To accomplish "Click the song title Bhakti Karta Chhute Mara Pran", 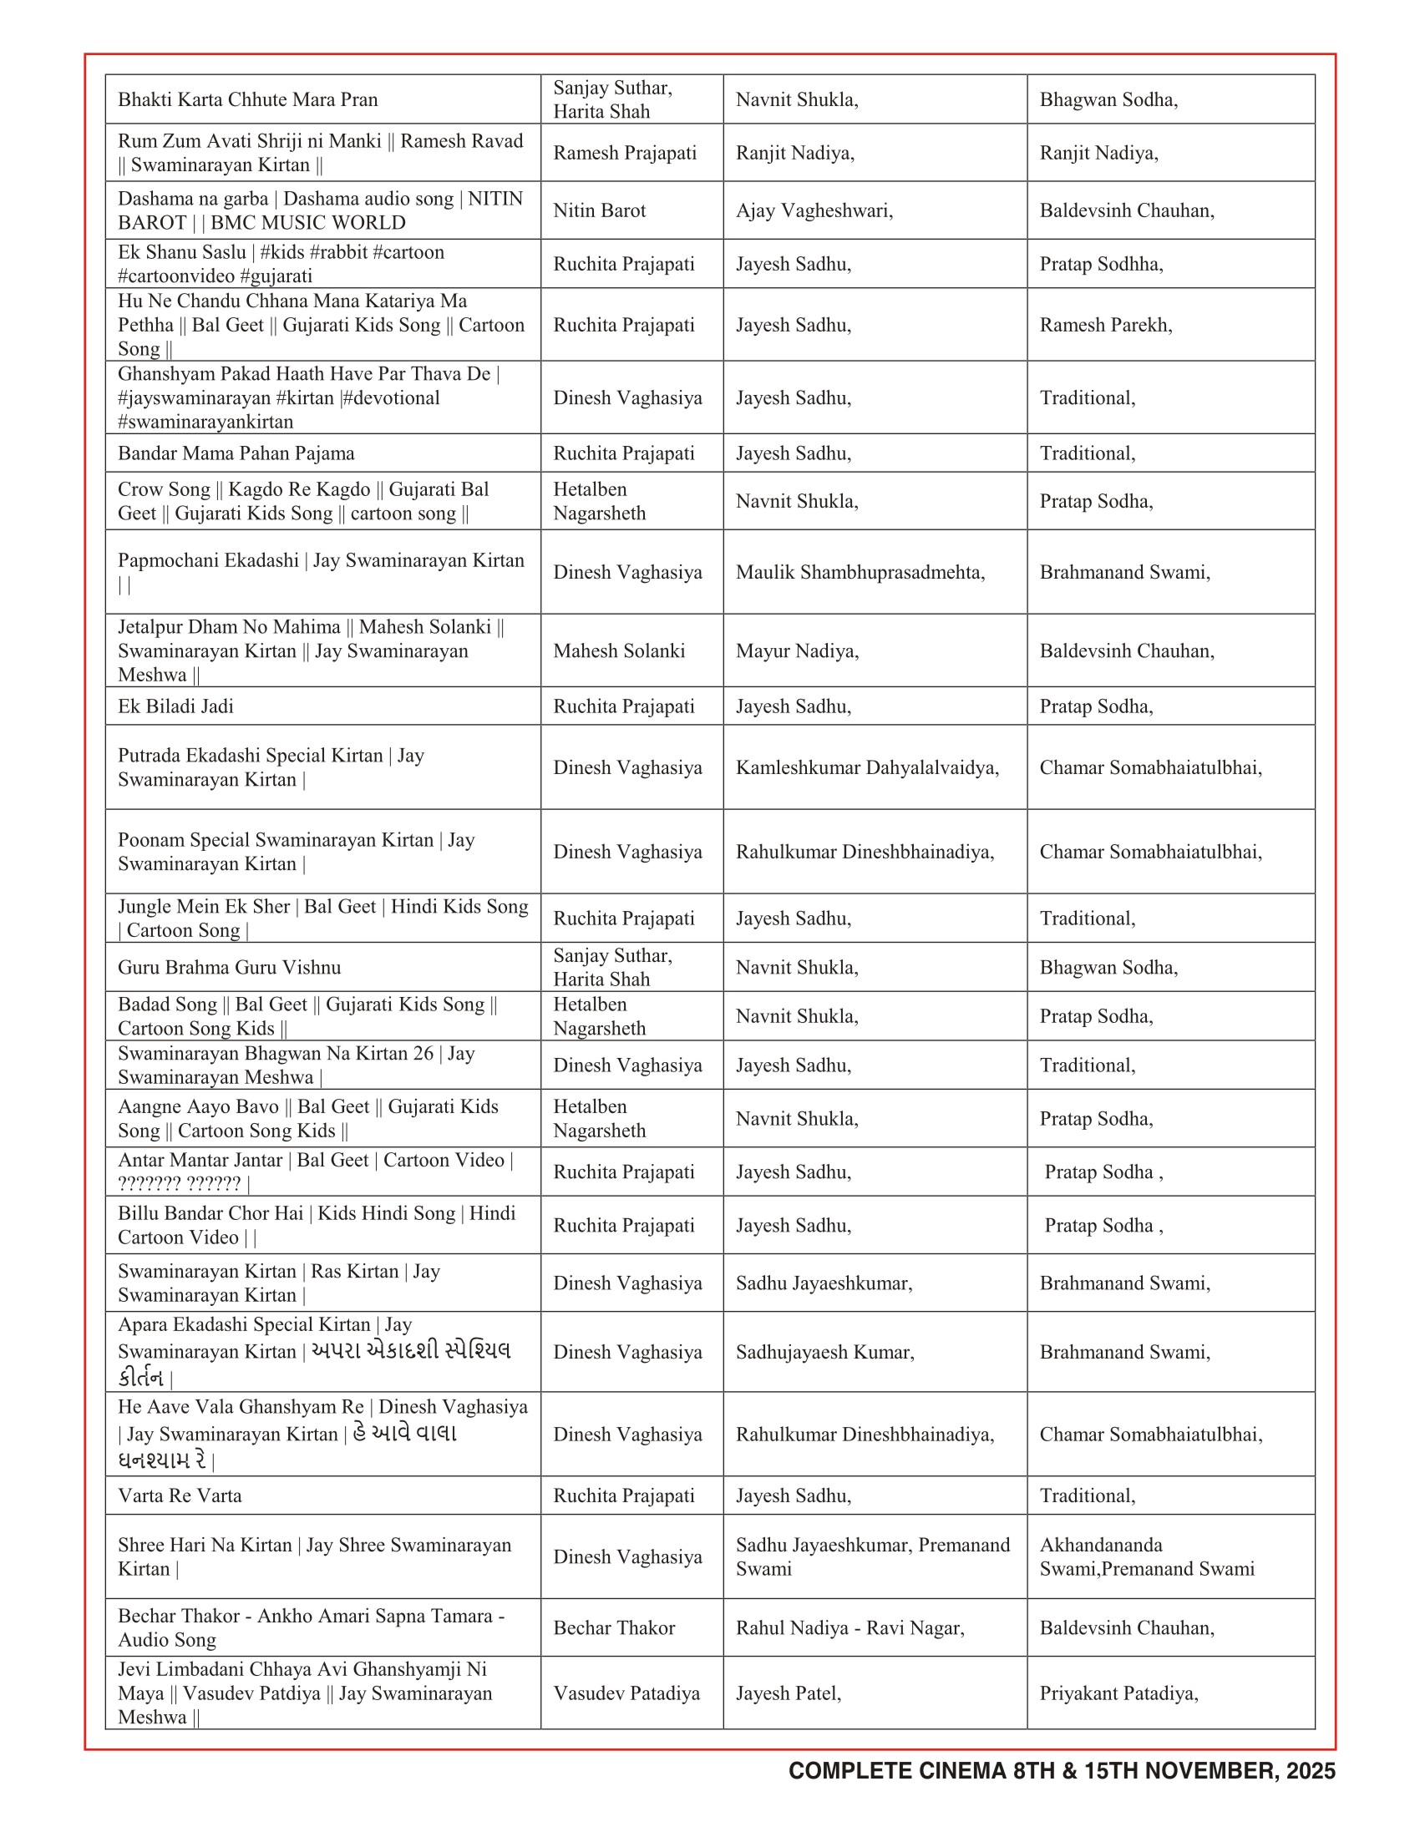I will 247,99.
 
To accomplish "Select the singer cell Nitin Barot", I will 599,210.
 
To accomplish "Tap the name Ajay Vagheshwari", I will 814,210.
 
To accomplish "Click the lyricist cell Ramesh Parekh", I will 1105,325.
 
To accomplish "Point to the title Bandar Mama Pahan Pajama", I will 236,453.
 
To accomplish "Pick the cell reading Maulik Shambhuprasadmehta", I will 860,572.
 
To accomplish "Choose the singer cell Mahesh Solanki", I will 619,650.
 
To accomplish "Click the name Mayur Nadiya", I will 797,650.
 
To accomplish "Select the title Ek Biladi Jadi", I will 175,706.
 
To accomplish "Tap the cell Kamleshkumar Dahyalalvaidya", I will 866,767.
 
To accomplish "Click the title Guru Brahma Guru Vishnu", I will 229,967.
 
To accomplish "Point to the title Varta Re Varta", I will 180,1495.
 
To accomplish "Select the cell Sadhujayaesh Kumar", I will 824,1352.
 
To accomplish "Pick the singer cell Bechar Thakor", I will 614,1627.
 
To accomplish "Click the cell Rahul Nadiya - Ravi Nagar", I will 849,1627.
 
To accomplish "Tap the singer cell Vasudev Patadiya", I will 626,1693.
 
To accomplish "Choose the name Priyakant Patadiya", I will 1118,1693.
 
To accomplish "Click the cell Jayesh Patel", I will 789,1693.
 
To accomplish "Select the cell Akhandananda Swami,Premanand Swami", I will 1147,1556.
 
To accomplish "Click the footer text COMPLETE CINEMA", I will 897,1770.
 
